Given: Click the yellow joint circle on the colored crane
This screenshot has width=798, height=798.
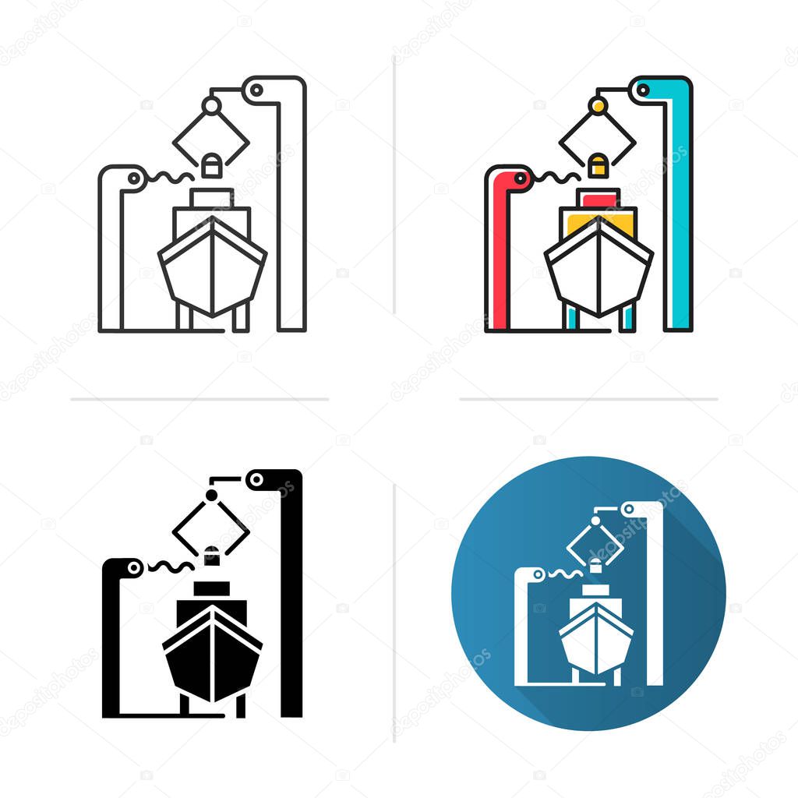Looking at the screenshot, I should [x=598, y=105].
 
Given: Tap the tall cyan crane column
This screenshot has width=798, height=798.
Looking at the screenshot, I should [x=677, y=210].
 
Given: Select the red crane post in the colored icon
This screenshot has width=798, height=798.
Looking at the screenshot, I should [x=496, y=249].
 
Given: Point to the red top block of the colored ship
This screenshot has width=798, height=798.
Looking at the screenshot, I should [x=599, y=199].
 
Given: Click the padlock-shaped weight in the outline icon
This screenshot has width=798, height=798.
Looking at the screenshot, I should [x=211, y=165].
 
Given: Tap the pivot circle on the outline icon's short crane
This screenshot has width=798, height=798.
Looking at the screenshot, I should [x=134, y=178].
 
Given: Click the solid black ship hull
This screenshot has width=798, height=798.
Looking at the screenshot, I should [x=212, y=655].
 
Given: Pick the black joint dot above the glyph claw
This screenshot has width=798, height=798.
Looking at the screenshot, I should [x=211, y=495].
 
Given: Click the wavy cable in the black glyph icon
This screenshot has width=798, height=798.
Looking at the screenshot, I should [x=171, y=566].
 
